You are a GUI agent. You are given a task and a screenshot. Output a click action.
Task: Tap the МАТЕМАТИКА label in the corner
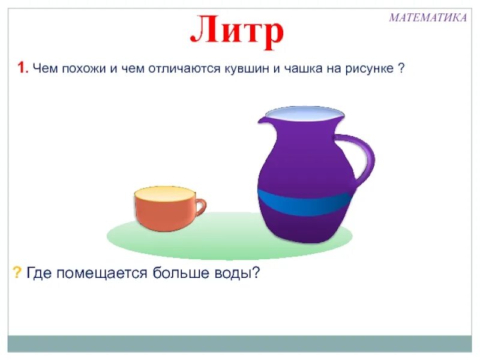[x=427, y=17]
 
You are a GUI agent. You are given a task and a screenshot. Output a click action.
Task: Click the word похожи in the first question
[x=79, y=69]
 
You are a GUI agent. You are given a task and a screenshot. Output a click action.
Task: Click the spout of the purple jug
[x=262, y=119]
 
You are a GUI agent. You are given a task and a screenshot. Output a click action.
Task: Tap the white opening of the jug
[x=304, y=112]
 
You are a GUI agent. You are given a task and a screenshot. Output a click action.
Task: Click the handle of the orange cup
[x=200, y=208]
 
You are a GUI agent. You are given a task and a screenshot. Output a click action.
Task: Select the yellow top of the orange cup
[x=164, y=194]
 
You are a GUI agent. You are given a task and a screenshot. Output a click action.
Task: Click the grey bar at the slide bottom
[x=240, y=344]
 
